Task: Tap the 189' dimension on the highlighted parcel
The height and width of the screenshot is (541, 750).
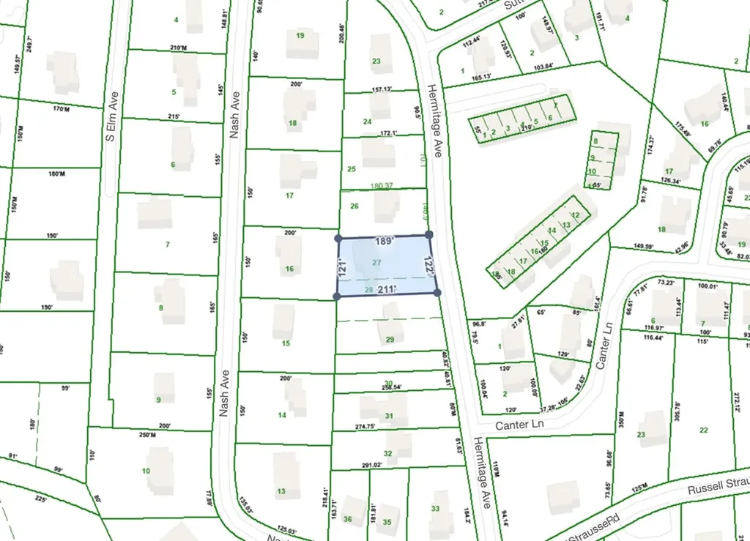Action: pos(385,241)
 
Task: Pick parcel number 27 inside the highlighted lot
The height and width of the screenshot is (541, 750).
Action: pos(376,262)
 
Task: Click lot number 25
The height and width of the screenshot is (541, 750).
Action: pos(352,169)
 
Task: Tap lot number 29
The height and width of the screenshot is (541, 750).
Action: pos(390,339)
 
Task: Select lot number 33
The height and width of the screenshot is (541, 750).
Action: pos(435,508)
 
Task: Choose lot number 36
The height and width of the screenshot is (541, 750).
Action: pos(348,520)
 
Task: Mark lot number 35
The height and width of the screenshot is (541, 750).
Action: pos(387,522)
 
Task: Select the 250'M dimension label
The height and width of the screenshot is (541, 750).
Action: pos(147,436)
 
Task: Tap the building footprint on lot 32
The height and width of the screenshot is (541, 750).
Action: pos(398,444)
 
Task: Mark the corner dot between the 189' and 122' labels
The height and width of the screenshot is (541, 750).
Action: pos(428,234)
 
